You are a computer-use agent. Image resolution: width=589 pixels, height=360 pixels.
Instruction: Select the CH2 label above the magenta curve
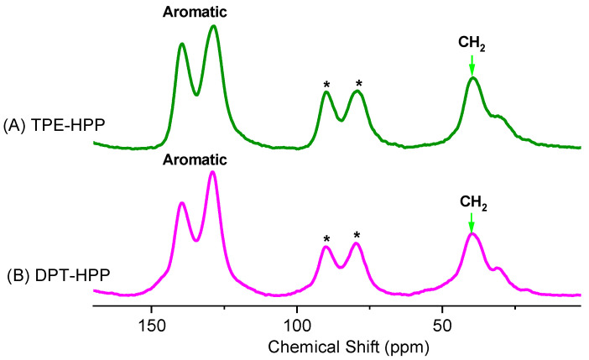click(x=472, y=201)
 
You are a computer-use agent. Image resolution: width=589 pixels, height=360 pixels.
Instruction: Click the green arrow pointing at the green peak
click(x=472, y=64)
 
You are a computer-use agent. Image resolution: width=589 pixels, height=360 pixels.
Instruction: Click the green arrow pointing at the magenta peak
click(x=472, y=222)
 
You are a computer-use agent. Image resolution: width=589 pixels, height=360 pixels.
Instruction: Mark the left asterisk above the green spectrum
click(x=326, y=85)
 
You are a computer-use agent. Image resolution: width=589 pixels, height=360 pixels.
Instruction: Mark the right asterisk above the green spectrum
click(x=358, y=84)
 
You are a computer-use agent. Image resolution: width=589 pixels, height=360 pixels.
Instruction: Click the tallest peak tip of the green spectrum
click(x=214, y=26)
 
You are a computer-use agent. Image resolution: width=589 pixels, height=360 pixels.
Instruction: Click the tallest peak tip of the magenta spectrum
click(x=213, y=172)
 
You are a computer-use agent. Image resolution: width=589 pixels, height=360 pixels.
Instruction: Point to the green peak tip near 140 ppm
click(x=181, y=44)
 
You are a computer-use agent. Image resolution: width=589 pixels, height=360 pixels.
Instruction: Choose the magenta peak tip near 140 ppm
click(x=181, y=203)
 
